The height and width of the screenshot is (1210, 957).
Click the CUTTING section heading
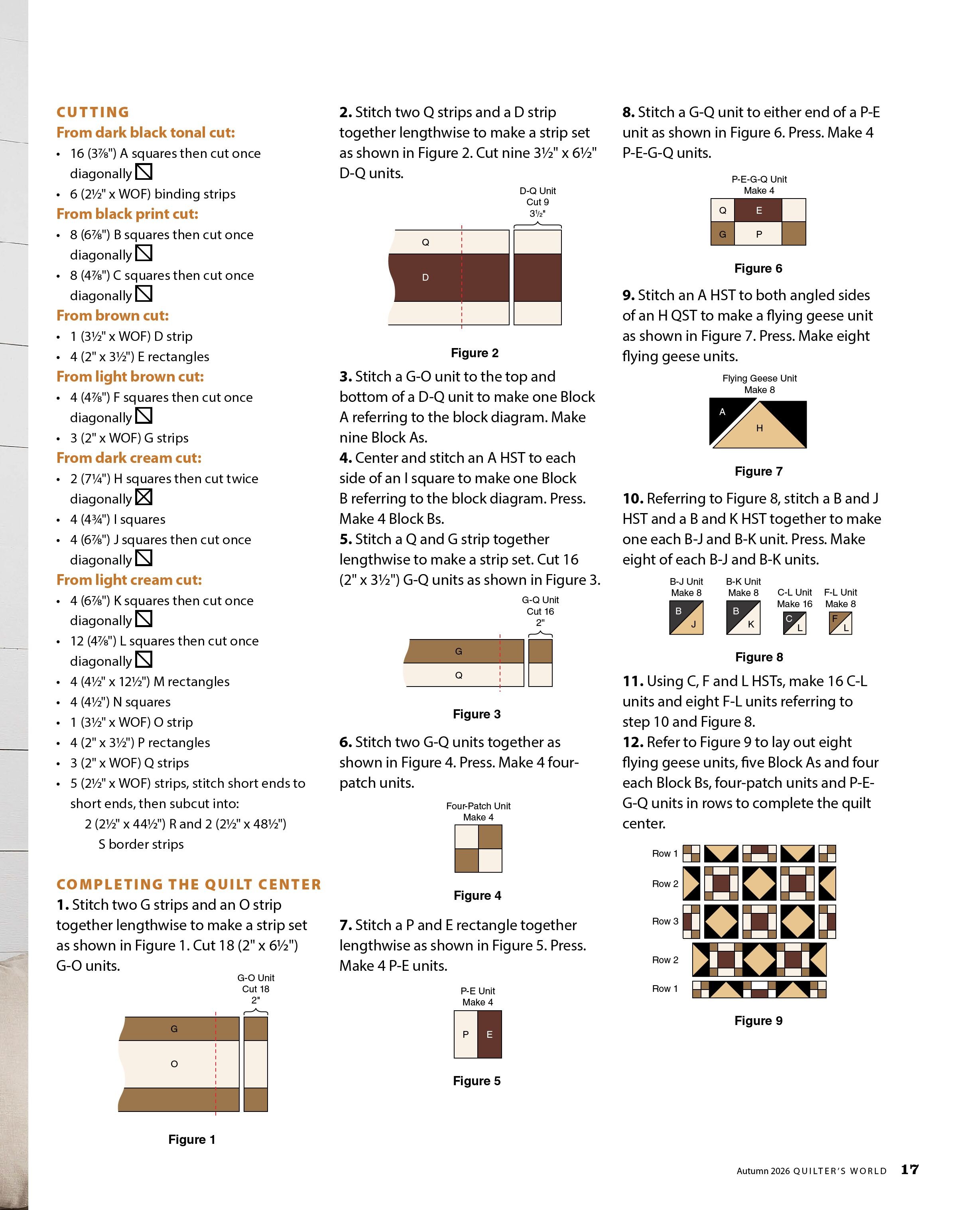[93, 112]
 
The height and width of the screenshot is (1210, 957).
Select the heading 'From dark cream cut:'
[129, 458]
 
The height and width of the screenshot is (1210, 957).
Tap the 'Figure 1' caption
[192, 1139]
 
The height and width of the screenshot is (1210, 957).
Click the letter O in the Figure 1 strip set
[174, 1064]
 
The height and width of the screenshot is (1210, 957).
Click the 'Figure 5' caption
[477, 1080]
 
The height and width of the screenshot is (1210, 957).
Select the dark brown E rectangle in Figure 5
[490, 1034]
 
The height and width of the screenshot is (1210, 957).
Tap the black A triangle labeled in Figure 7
[726, 417]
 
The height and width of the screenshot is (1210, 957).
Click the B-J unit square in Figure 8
[686, 617]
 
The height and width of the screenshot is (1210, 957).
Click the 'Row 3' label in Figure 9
[665, 921]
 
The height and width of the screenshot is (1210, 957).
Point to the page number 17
[910, 1169]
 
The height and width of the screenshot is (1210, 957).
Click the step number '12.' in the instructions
[633, 742]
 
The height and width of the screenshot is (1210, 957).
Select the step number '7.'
[346, 925]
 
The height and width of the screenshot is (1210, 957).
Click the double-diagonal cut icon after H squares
[144, 497]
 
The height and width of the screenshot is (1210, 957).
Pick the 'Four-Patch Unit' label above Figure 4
[478, 806]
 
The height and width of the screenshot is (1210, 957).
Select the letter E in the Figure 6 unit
[759, 211]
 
